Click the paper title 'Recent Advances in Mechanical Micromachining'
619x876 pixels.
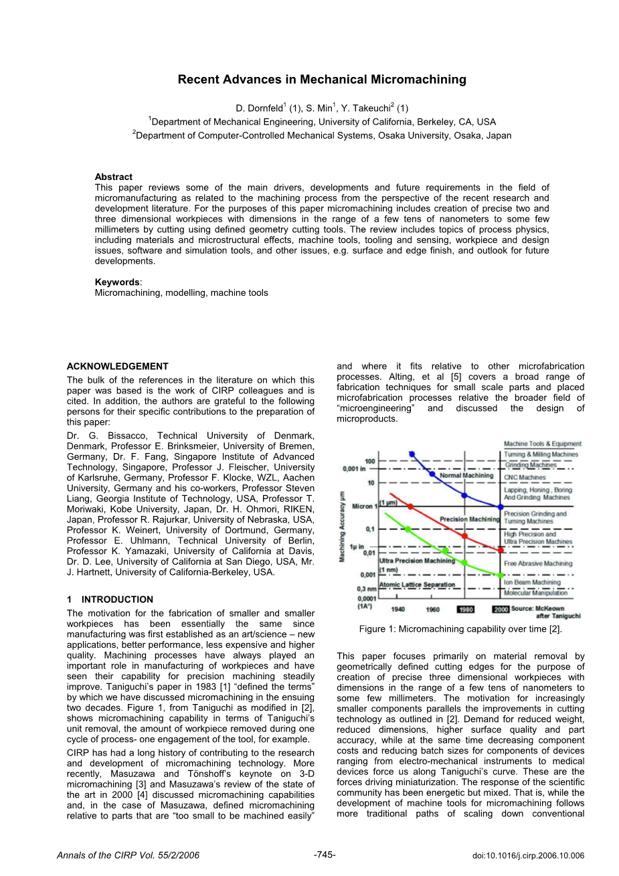tap(322, 80)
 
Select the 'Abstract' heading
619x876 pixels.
tap(114, 177)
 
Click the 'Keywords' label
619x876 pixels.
tap(117, 282)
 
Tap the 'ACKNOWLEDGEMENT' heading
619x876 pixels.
tap(118, 366)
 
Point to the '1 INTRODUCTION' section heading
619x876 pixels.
tap(110, 600)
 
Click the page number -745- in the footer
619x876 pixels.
tap(325, 855)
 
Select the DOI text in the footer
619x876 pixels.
tap(528, 855)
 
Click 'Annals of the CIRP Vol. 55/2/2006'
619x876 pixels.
tap(128, 855)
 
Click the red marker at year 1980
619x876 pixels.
tap(465, 536)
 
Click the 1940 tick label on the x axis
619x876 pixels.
tap(397, 610)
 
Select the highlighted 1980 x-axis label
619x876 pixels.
tap(465, 610)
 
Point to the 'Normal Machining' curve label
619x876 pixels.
tap(466, 476)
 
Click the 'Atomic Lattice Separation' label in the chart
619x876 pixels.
tap(417, 585)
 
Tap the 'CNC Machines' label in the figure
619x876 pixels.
tap(525, 478)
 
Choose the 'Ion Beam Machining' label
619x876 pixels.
tap(532, 583)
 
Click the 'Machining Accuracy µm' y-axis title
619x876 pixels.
tap(343, 525)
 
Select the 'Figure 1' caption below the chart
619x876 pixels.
tap(460, 629)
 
